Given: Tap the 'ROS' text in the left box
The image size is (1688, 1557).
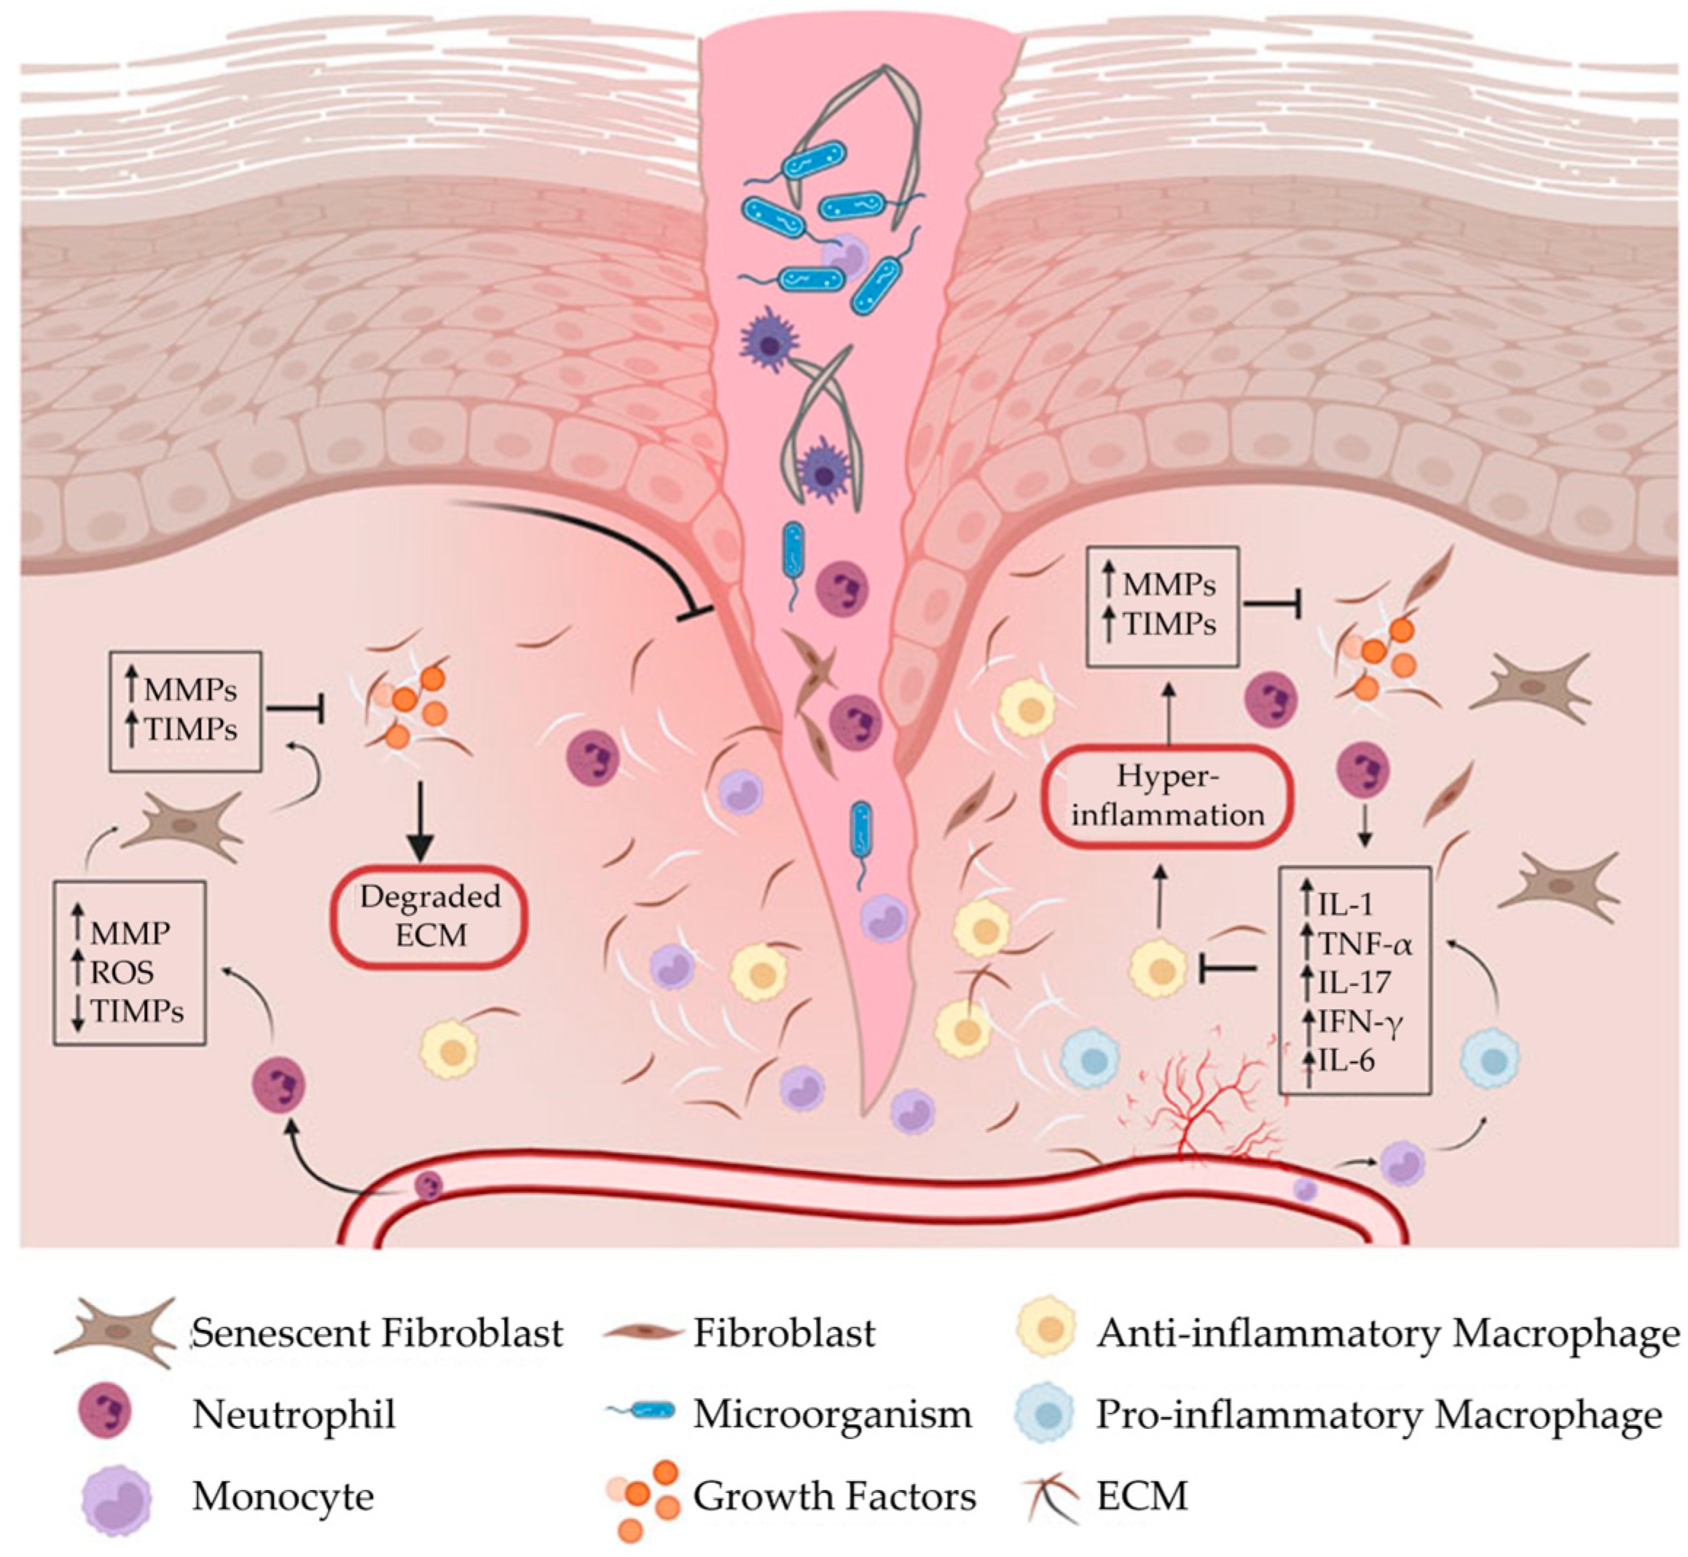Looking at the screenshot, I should pyautogui.click(x=123, y=972).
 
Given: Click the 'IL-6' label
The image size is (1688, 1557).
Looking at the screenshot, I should pyautogui.click(x=1347, y=1060).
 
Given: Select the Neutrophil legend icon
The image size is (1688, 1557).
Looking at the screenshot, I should pyautogui.click(x=104, y=1414).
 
